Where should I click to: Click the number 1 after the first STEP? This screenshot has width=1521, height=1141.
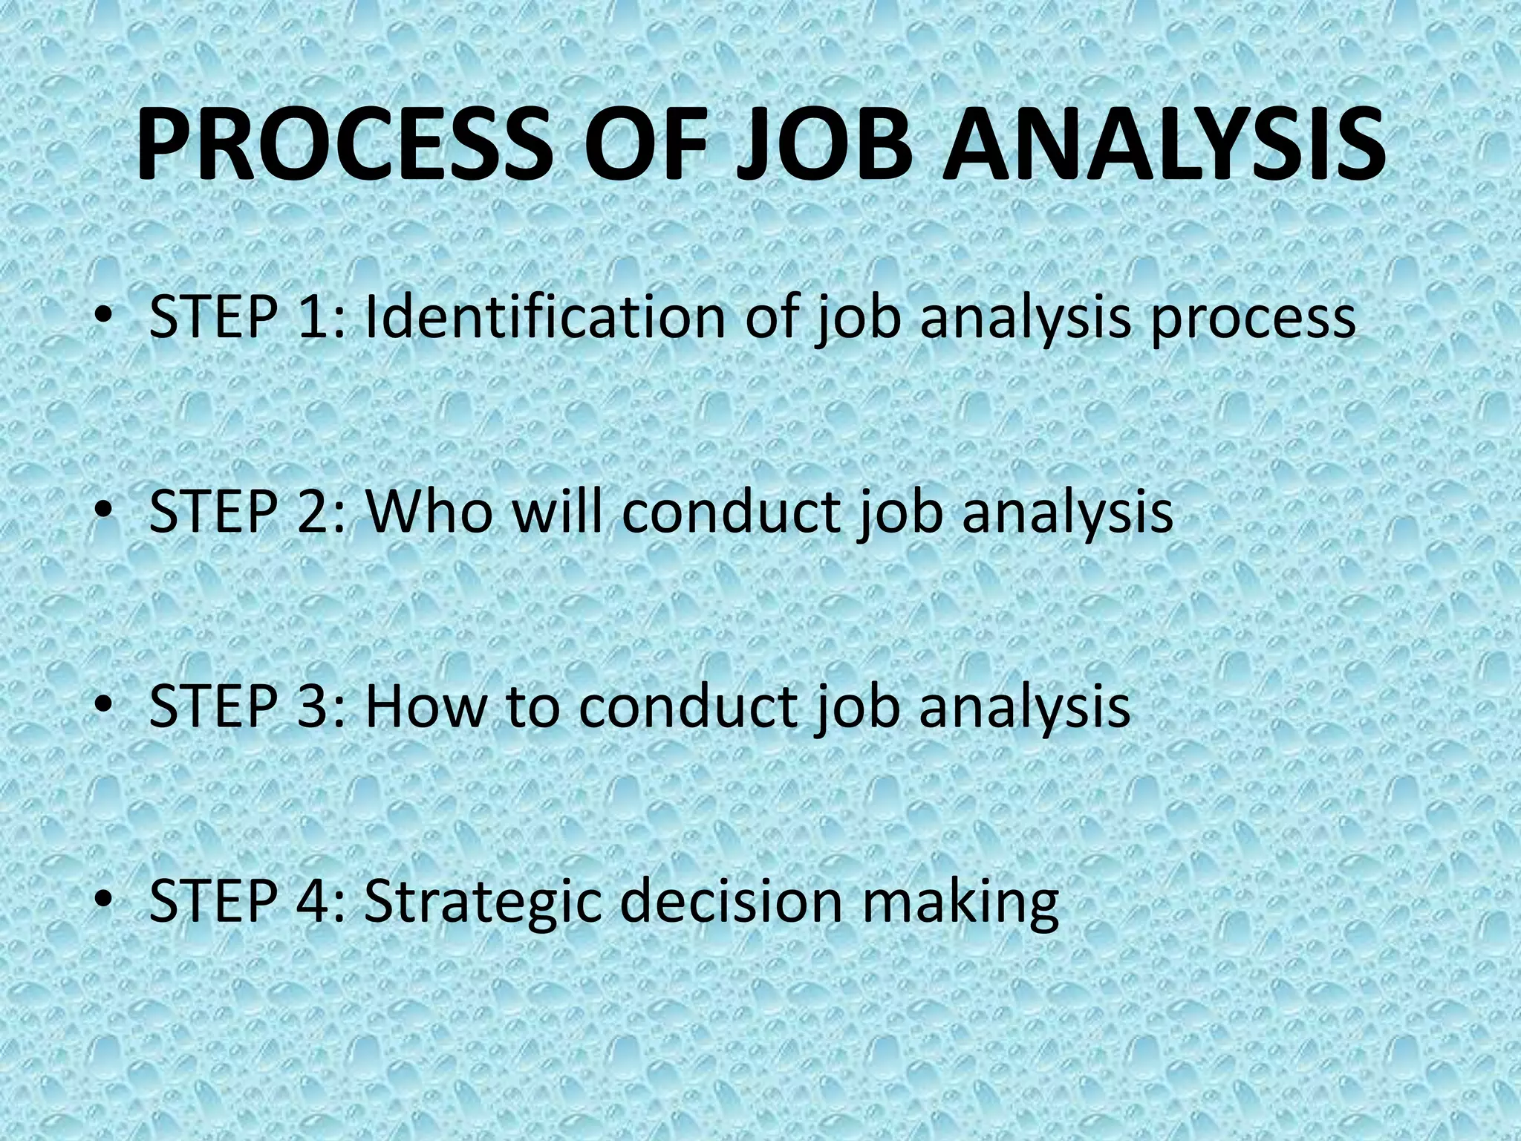click(x=315, y=318)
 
